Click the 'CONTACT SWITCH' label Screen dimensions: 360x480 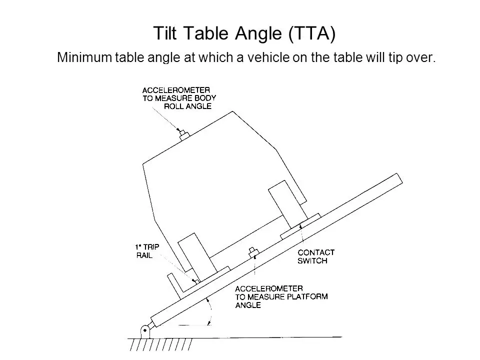[316, 256]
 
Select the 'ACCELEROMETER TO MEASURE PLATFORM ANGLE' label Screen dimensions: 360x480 [281, 297]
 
